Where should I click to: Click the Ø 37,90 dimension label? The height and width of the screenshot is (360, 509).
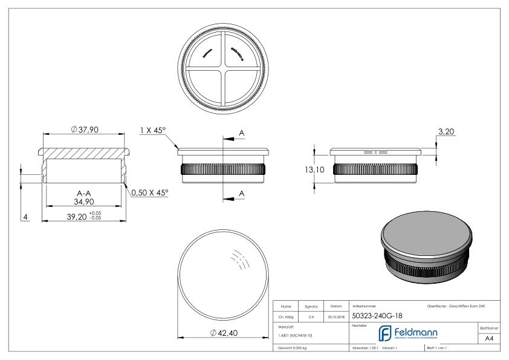click(x=84, y=129)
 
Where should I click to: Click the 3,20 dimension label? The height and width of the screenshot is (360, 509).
click(x=445, y=131)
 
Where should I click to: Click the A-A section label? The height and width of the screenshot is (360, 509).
click(x=84, y=193)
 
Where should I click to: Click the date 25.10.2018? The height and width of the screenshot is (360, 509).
click(x=336, y=316)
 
